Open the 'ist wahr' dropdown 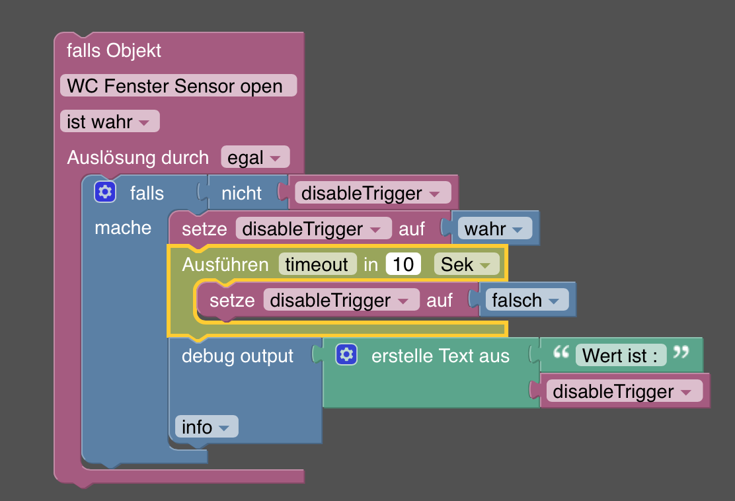click(x=109, y=122)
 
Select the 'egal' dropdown click(x=254, y=158)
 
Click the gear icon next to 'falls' click(x=104, y=192)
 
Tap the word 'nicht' click(x=241, y=193)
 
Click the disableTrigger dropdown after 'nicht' click(x=372, y=193)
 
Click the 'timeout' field click(x=317, y=264)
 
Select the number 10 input click(x=403, y=264)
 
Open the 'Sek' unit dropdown click(x=466, y=264)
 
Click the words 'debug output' click(x=237, y=356)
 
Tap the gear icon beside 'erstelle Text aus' click(x=346, y=355)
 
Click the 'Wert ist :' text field click(x=620, y=356)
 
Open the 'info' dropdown click(x=206, y=427)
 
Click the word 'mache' click(x=123, y=228)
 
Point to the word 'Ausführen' click(x=225, y=264)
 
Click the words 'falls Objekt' click(x=114, y=50)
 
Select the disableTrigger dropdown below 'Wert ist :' click(x=624, y=391)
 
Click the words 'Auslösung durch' click(x=137, y=158)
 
